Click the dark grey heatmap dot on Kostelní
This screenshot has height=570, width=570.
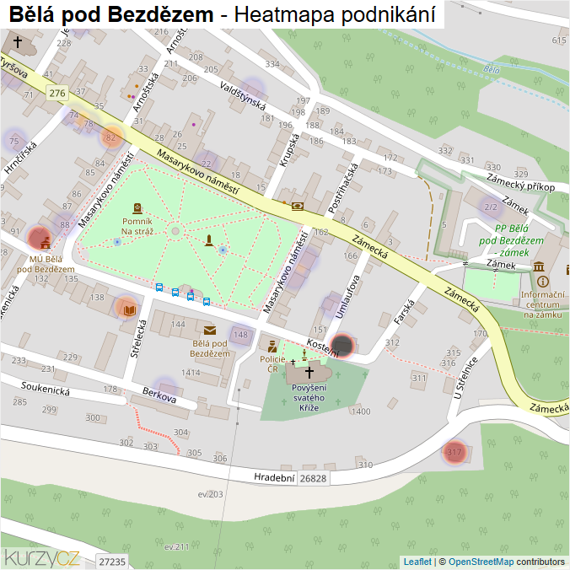click(x=341, y=345)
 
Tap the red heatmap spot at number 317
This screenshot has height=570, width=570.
click(x=454, y=453)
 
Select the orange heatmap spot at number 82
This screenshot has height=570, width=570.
click(x=110, y=137)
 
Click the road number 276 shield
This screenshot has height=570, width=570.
click(x=57, y=93)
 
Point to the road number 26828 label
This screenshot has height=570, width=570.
click(x=313, y=478)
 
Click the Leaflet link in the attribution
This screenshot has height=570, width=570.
click(x=417, y=562)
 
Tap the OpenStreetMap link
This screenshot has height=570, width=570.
click(x=481, y=562)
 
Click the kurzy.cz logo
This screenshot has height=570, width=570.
click(x=41, y=557)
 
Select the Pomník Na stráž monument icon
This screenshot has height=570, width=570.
click(x=137, y=207)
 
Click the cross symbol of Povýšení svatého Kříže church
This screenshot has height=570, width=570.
click(x=309, y=371)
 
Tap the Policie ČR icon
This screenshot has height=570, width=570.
click(x=272, y=346)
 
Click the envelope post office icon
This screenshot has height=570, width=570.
click(x=208, y=330)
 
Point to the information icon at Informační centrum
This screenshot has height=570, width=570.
click(x=541, y=281)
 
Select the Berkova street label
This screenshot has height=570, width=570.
click(x=159, y=396)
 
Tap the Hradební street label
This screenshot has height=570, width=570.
click(x=274, y=477)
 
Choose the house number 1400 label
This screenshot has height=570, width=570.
click(x=360, y=411)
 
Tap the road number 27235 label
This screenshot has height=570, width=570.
click(x=111, y=562)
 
